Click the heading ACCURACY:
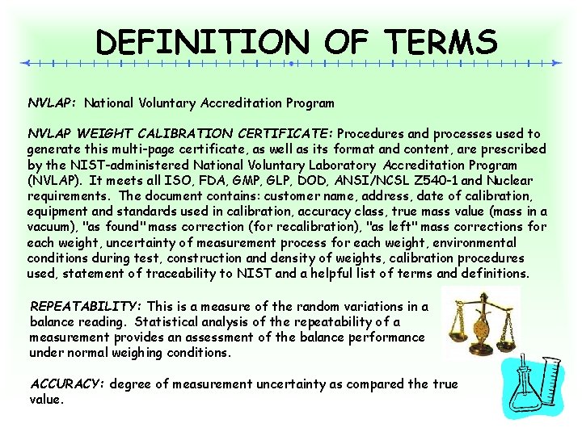pos(66,384)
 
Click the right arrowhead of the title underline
pos(555,62)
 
